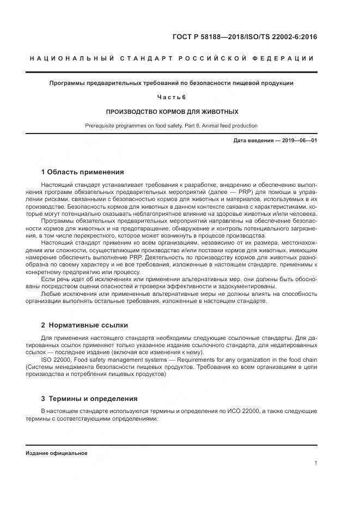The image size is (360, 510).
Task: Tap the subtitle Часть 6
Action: [172, 97]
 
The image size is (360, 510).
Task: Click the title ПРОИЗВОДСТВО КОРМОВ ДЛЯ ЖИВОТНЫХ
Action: [172, 111]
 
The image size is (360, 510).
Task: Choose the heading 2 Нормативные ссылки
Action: [84, 325]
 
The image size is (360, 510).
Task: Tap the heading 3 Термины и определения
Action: [89, 398]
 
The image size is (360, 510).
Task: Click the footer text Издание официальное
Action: [56, 453]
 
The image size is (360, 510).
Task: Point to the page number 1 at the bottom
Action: [316, 463]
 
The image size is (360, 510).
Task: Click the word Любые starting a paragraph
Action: [50, 294]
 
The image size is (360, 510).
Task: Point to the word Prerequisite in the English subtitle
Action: [101, 125]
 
